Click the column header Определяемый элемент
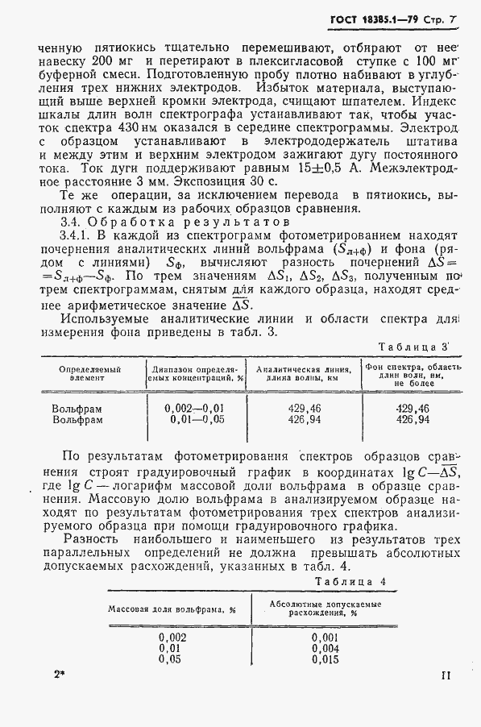pyautogui.click(x=89, y=373)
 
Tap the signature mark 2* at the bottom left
pyautogui.click(x=60, y=675)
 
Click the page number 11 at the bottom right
pyautogui.click(x=446, y=675)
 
